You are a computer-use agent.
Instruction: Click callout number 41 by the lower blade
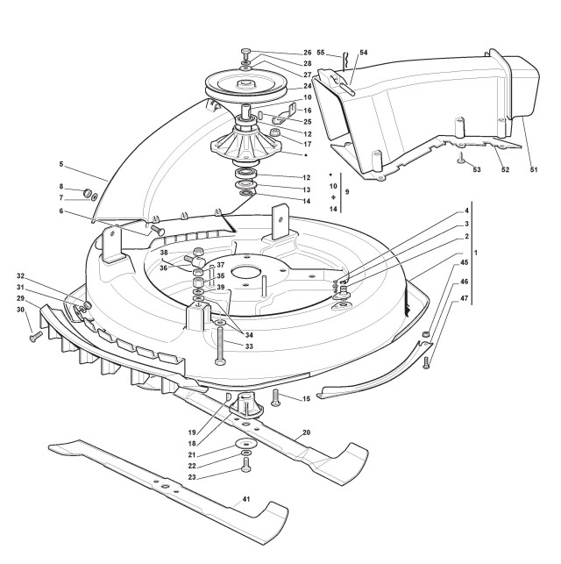(246, 499)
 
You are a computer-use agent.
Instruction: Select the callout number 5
(60, 164)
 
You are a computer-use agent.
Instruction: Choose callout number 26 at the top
(308, 53)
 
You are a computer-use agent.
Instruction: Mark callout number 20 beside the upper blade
(306, 432)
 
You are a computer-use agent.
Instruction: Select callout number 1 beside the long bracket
(475, 252)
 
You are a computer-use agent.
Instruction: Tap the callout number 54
(365, 53)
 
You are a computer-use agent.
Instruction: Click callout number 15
(306, 399)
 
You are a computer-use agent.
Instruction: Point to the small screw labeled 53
(459, 159)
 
